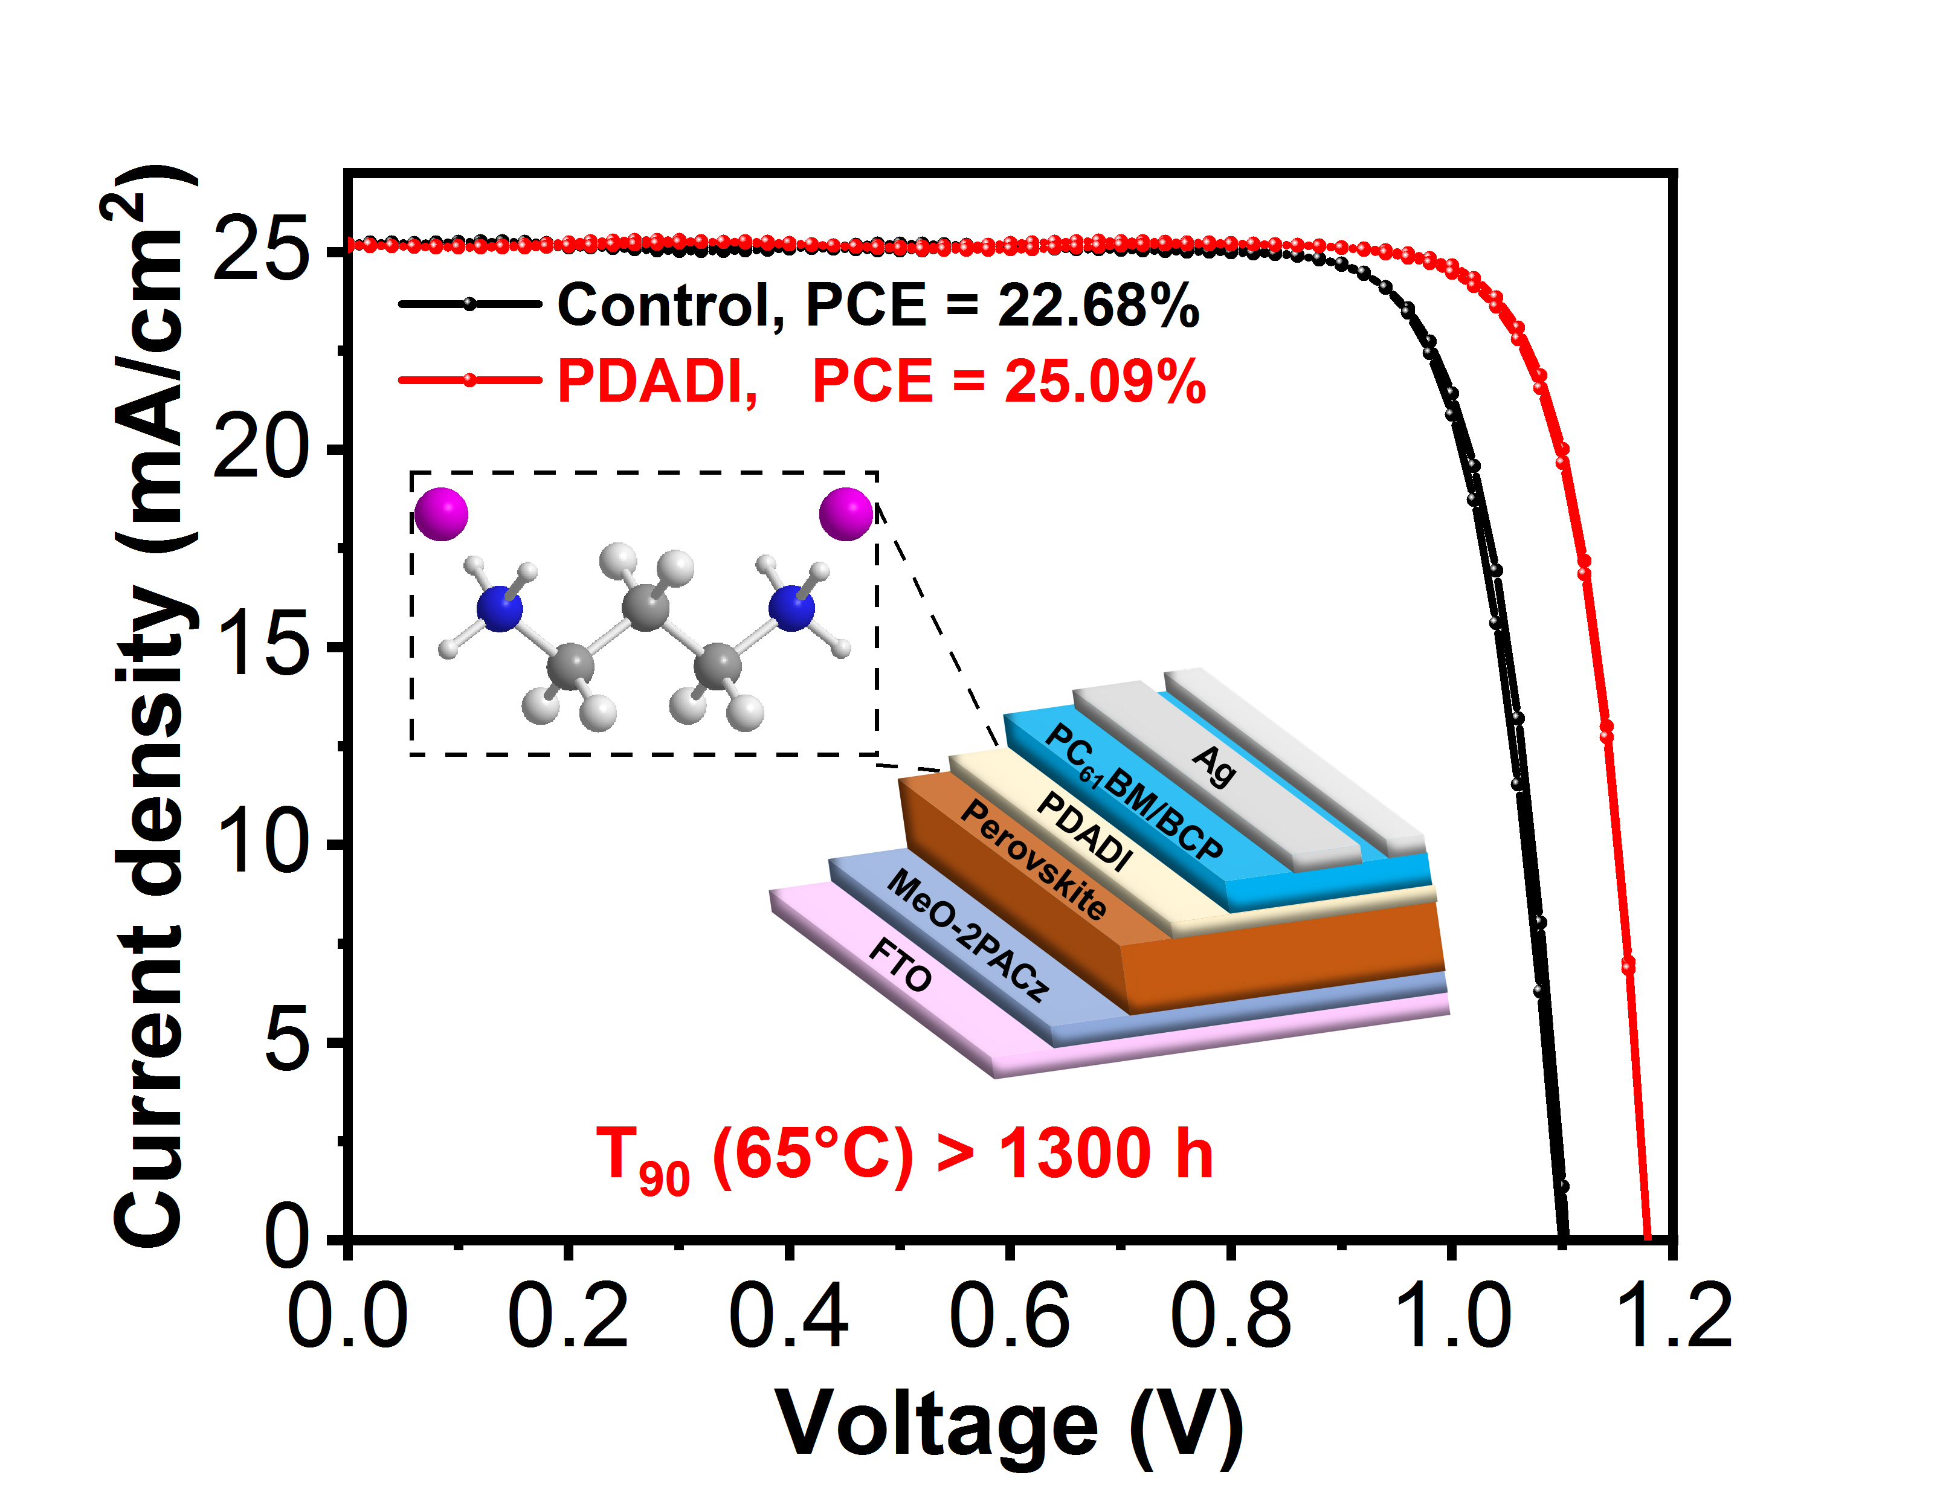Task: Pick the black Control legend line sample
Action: coord(470,304)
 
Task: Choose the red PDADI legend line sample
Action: coord(470,381)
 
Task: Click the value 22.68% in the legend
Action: coord(1098,306)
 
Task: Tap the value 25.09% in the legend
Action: coord(1105,382)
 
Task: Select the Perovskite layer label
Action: coord(1033,859)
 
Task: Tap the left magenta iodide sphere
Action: coord(441,513)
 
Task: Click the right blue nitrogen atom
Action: coord(791,608)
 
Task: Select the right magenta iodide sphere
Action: coord(846,513)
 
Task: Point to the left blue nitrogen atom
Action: coord(500,608)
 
